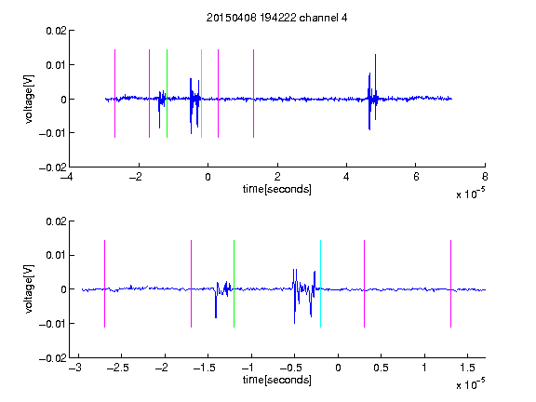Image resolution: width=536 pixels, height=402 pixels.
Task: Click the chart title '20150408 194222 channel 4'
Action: point(277,18)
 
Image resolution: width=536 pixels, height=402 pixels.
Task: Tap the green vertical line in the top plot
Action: point(167,93)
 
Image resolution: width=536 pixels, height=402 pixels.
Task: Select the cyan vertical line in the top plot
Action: point(201,93)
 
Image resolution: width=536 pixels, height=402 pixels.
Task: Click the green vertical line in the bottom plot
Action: point(234,284)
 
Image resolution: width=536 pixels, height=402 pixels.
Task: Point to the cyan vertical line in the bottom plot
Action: point(320,284)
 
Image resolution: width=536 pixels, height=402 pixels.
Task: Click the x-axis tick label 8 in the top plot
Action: point(485,177)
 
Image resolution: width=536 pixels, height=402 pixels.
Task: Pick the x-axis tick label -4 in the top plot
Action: point(67,177)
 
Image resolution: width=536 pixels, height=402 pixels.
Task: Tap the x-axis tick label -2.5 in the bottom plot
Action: point(118,368)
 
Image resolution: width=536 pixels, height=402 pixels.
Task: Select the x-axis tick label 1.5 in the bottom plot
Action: point(467,368)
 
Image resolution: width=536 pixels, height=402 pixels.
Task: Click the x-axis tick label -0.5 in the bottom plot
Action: point(291,368)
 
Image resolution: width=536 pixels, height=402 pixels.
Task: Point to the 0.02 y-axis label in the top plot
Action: point(56,31)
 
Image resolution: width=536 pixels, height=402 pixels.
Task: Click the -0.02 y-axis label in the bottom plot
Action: point(53,358)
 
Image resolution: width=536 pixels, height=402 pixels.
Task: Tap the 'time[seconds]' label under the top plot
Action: point(277,189)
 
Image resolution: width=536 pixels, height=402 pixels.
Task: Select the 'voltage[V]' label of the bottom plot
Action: point(29,288)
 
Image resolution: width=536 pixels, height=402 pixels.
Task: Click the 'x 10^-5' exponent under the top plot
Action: point(470,194)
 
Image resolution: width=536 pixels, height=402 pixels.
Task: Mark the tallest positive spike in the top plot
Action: point(375,55)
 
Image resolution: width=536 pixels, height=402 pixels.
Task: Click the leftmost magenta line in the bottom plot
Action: point(104,284)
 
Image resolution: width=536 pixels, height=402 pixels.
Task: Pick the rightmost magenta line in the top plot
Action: point(253,93)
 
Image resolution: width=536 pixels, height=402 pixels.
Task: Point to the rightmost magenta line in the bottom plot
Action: point(450,284)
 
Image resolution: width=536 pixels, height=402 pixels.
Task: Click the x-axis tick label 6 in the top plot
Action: point(416,177)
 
